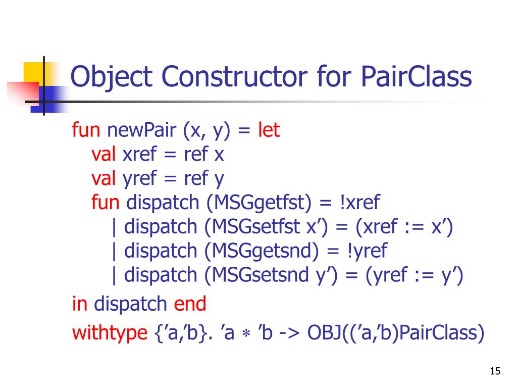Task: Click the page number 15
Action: (495, 371)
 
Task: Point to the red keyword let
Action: (269, 131)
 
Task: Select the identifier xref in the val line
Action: (141, 155)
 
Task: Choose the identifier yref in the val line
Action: (141, 178)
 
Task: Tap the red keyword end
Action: (190, 304)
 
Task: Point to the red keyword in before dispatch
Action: (80, 304)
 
